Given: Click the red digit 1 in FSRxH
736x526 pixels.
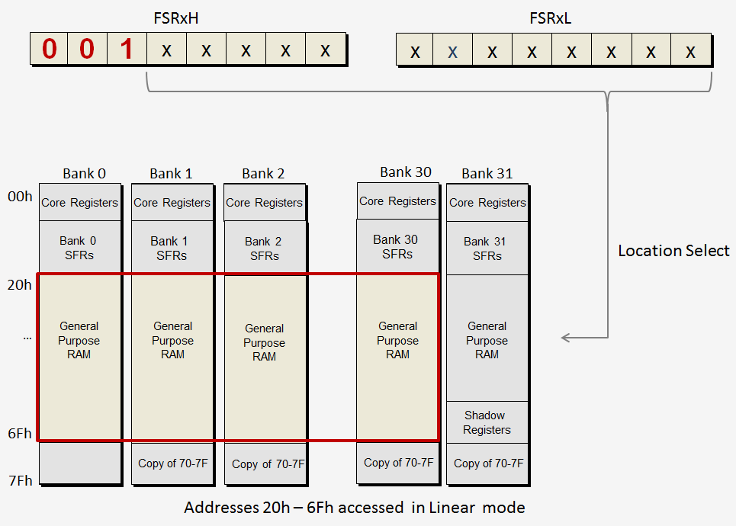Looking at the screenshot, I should coord(127,50).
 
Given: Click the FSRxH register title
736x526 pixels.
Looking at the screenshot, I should coord(176,18).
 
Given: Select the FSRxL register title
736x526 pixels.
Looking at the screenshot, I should coord(550,18).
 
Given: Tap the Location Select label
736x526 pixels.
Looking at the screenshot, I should coord(673,251).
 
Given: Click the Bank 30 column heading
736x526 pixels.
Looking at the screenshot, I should coord(406,172).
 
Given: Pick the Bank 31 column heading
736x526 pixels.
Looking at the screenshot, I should coord(487,174).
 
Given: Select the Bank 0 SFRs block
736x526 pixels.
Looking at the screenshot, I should coord(79,248).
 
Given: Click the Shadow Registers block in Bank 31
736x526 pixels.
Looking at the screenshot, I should coord(487,422).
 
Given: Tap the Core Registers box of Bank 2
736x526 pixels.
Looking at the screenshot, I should coord(264,203).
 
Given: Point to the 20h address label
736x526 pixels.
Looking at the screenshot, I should coord(20,285).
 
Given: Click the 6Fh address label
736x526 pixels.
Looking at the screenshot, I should coord(20,434).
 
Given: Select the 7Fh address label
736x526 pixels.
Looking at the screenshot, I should coord(20,480).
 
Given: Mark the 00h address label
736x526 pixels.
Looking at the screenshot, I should coord(20,197).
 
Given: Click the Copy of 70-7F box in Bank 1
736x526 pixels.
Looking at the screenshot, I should coord(172,463).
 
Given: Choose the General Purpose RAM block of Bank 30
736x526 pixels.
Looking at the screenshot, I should coord(397,340).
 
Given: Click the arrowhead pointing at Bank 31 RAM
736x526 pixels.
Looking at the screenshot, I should coord(565,337).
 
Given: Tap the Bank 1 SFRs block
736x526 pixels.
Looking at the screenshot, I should coord(172,248).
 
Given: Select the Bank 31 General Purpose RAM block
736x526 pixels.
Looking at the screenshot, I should coord(487,340).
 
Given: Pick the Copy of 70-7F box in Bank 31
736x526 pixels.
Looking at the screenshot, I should coord(487,463).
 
